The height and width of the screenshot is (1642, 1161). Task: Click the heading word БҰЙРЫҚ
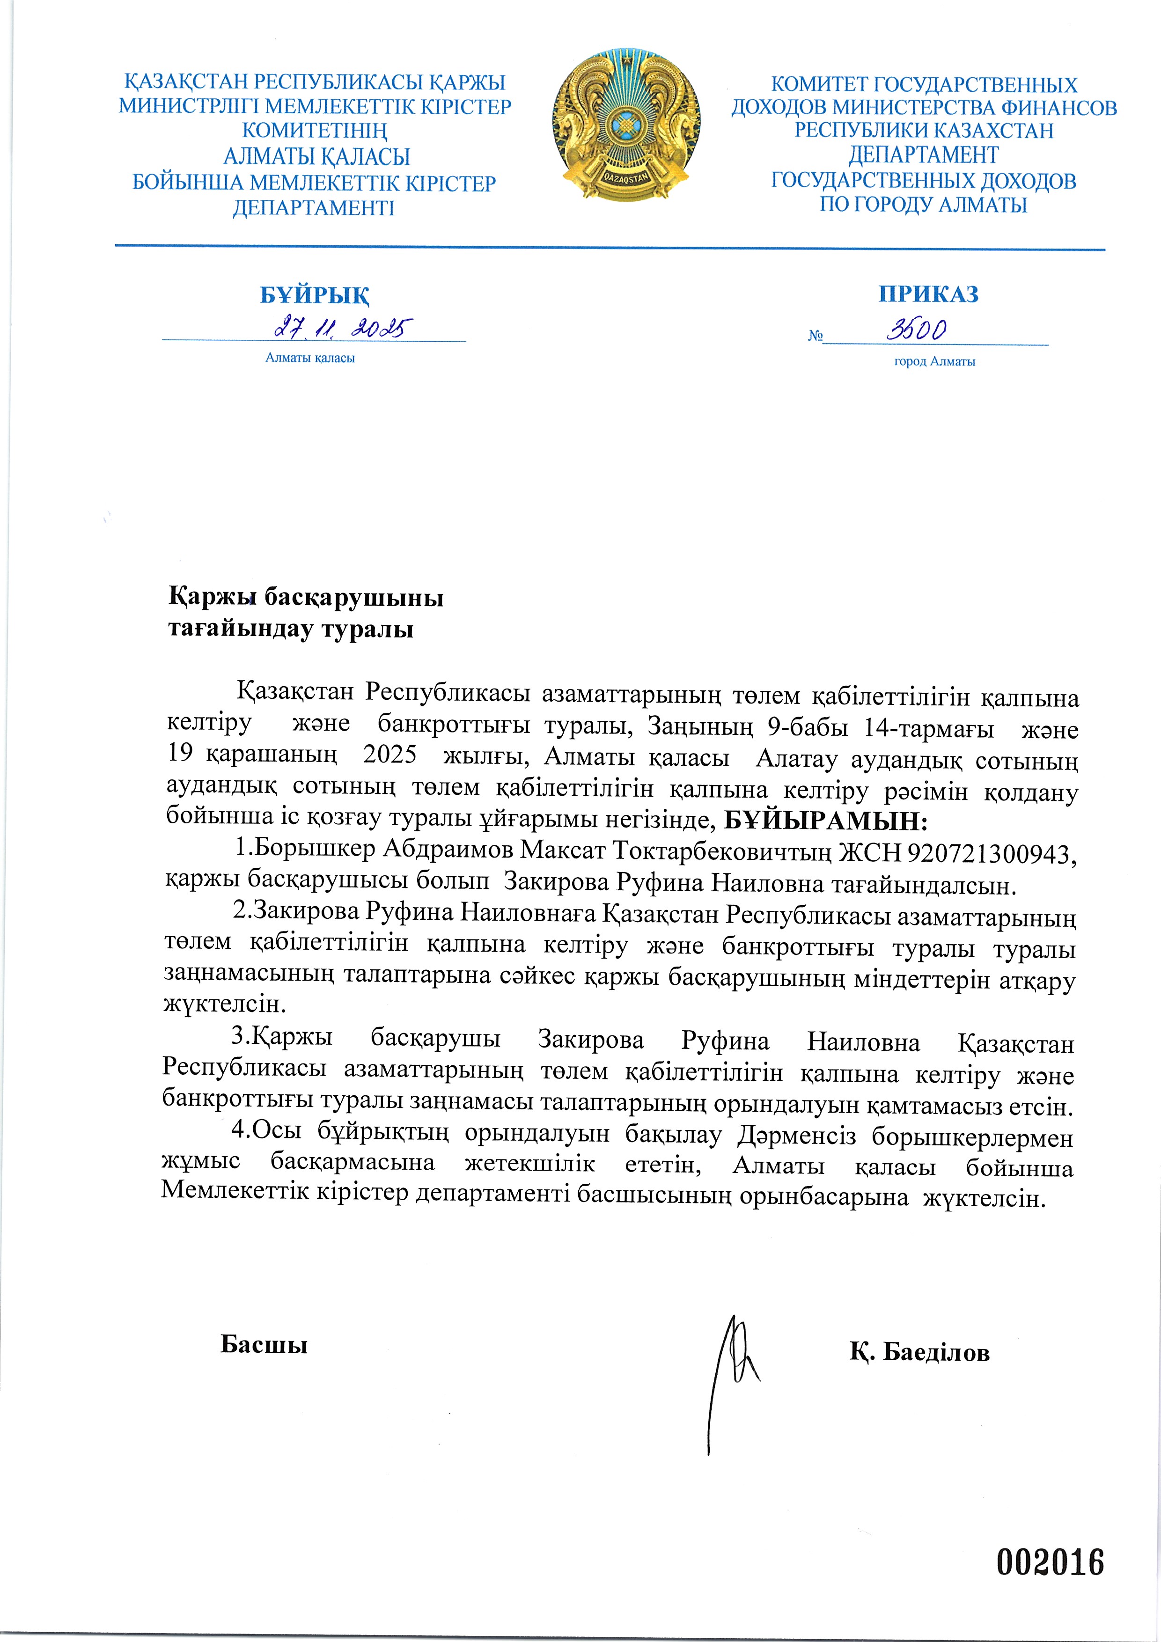tap(314, 294)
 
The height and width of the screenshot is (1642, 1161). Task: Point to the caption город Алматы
tap(934, 362)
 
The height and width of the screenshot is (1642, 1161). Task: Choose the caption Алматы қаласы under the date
tap(310, 358)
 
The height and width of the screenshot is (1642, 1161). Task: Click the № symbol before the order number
tap(815, 336)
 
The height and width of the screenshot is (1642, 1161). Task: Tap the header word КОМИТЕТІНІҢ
tap(315, 132)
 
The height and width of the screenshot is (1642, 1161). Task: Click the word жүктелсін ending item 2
tap(225, 1005)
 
